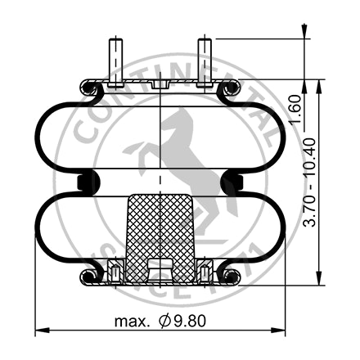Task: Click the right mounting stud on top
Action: [204, 60]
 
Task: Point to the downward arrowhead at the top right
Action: [307, 33]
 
